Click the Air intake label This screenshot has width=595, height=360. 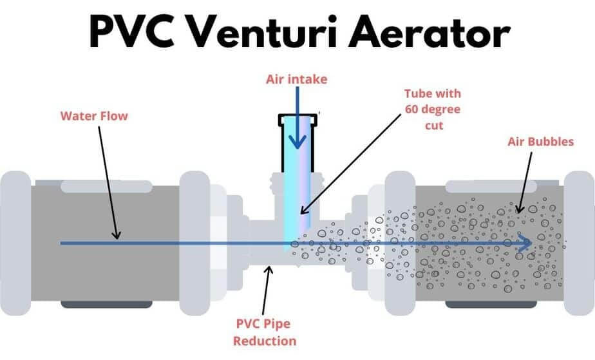pyautogui.click(x=297, y=79)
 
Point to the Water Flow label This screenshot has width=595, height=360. pyautogui.click(x=94, y=117)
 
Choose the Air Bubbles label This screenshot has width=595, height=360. pyautogui.click(x=540, y=142)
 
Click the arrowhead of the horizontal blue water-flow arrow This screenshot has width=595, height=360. pyautogui.click(x=526, y=244)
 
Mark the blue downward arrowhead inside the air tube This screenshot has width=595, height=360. pyautogui.click(x=297, y=142)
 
